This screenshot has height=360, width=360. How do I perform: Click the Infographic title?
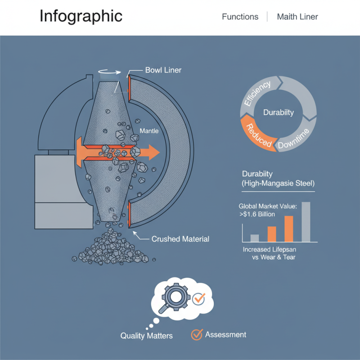click(81, 16)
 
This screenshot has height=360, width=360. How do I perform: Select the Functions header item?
click(240, 17)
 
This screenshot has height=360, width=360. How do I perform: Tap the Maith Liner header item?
click(297, 17)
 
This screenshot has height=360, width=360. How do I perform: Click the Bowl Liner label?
click(163, 70)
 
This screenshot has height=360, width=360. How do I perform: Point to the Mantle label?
click(149, 130)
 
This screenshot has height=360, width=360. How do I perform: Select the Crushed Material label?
click(180, 239)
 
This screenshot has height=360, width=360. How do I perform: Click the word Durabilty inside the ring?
click(279, 112)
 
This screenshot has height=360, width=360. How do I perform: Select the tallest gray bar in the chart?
click(306, 221)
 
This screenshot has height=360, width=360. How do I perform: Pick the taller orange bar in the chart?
click(289, 229)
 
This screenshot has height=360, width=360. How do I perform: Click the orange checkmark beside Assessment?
click(197, 335)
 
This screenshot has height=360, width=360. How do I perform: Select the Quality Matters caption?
click(147, 336)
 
